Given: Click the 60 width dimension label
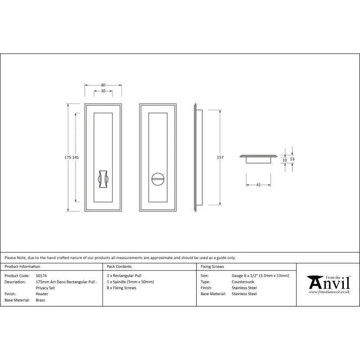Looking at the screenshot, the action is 103,85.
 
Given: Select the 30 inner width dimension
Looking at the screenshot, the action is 103,91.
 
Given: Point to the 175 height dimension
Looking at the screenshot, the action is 68,157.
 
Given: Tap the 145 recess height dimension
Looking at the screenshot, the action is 76,157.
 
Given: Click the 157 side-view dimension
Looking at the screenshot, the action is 220,157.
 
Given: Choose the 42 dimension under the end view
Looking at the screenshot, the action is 258,185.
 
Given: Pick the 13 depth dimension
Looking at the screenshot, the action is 292,159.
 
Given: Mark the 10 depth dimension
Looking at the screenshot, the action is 285,160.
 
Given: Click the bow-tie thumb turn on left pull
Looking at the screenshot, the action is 103,179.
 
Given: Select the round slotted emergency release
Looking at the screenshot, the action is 158,179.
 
